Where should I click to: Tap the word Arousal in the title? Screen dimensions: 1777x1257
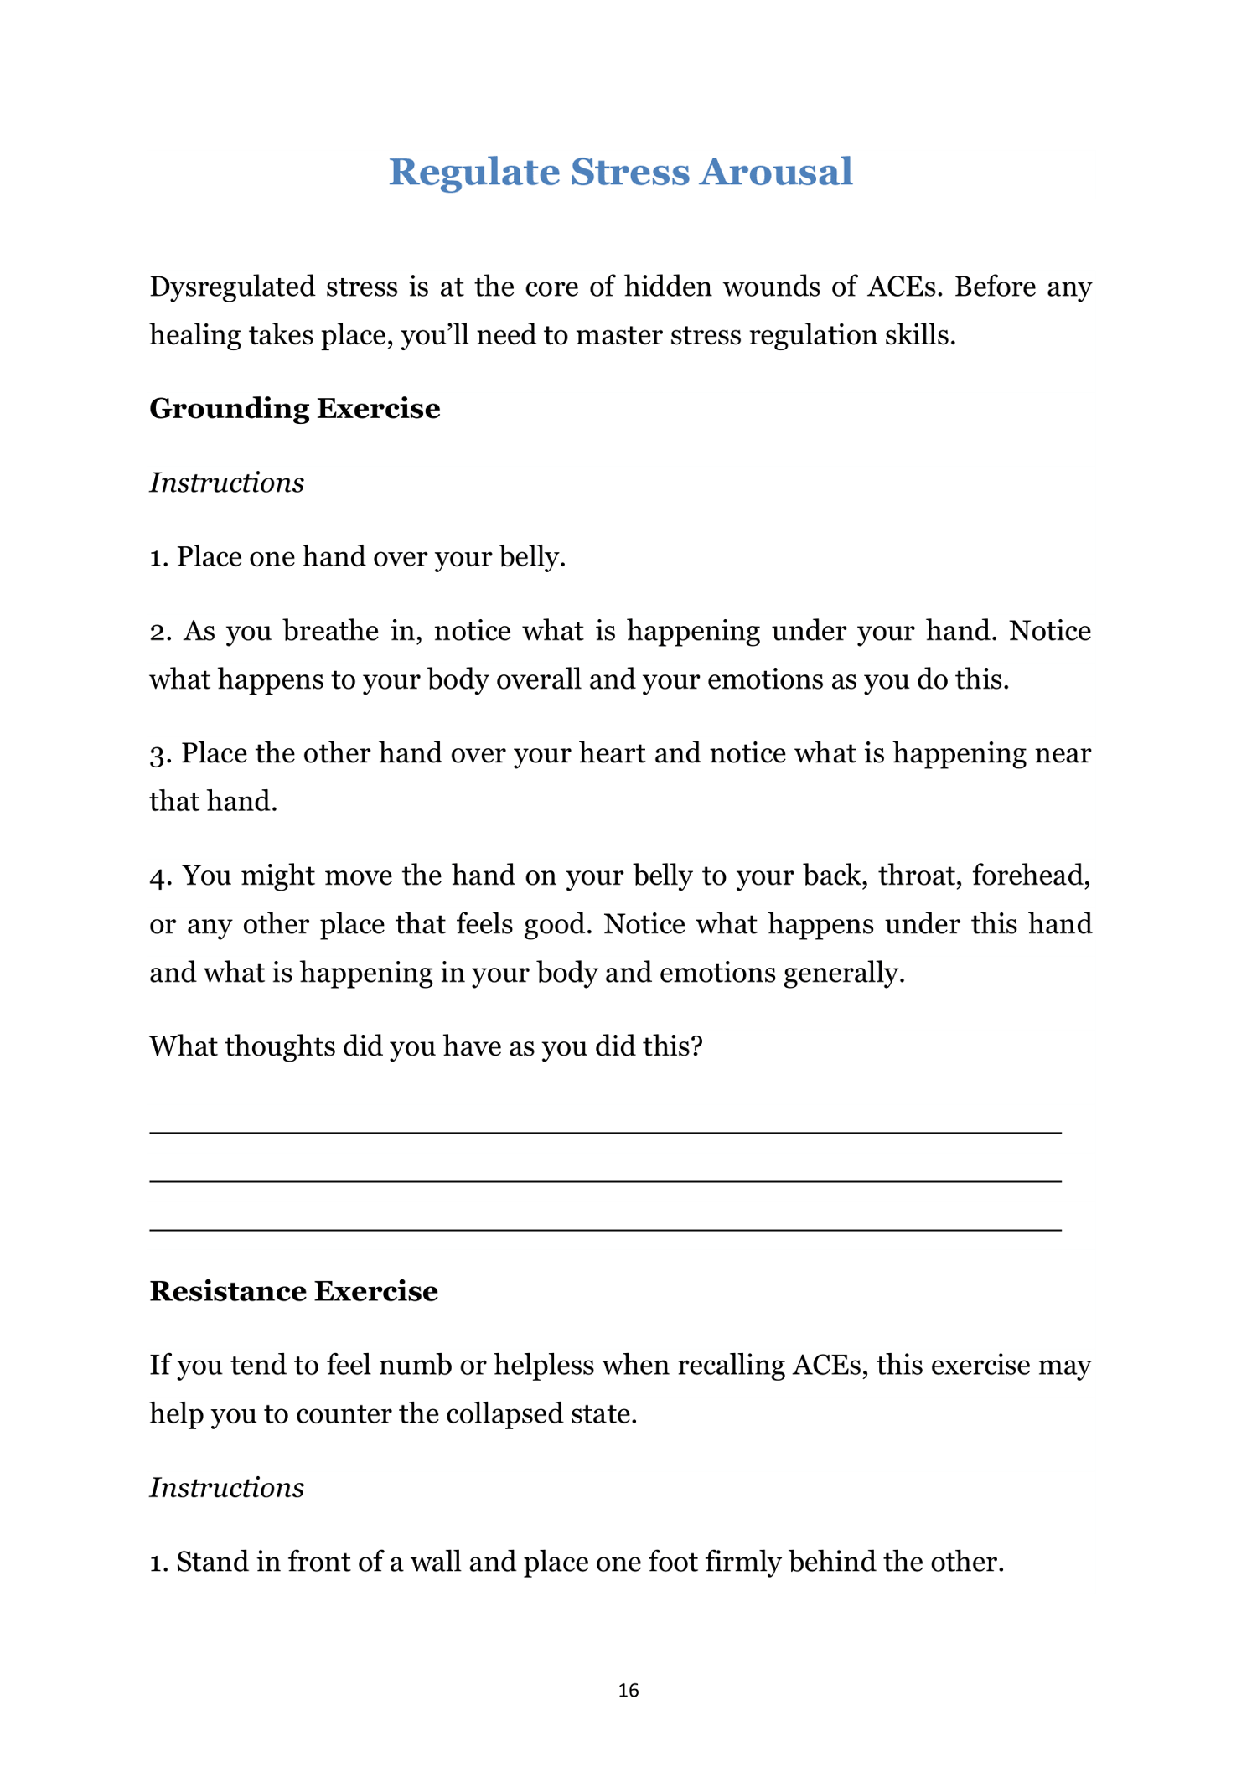point(776,173)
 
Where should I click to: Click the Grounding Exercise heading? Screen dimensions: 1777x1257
point(294,409)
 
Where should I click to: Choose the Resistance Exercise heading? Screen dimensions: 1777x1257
point(293,1291)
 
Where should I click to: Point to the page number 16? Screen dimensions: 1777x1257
point(628,1691)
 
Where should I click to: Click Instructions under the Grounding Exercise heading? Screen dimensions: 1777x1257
point(226,483)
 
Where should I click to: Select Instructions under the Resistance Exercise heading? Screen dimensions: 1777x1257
point(226,1488)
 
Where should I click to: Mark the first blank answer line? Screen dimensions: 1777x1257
point(605,1133)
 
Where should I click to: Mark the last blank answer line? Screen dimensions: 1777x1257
point(605,1230)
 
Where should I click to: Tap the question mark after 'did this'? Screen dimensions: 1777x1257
point(696,1047)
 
